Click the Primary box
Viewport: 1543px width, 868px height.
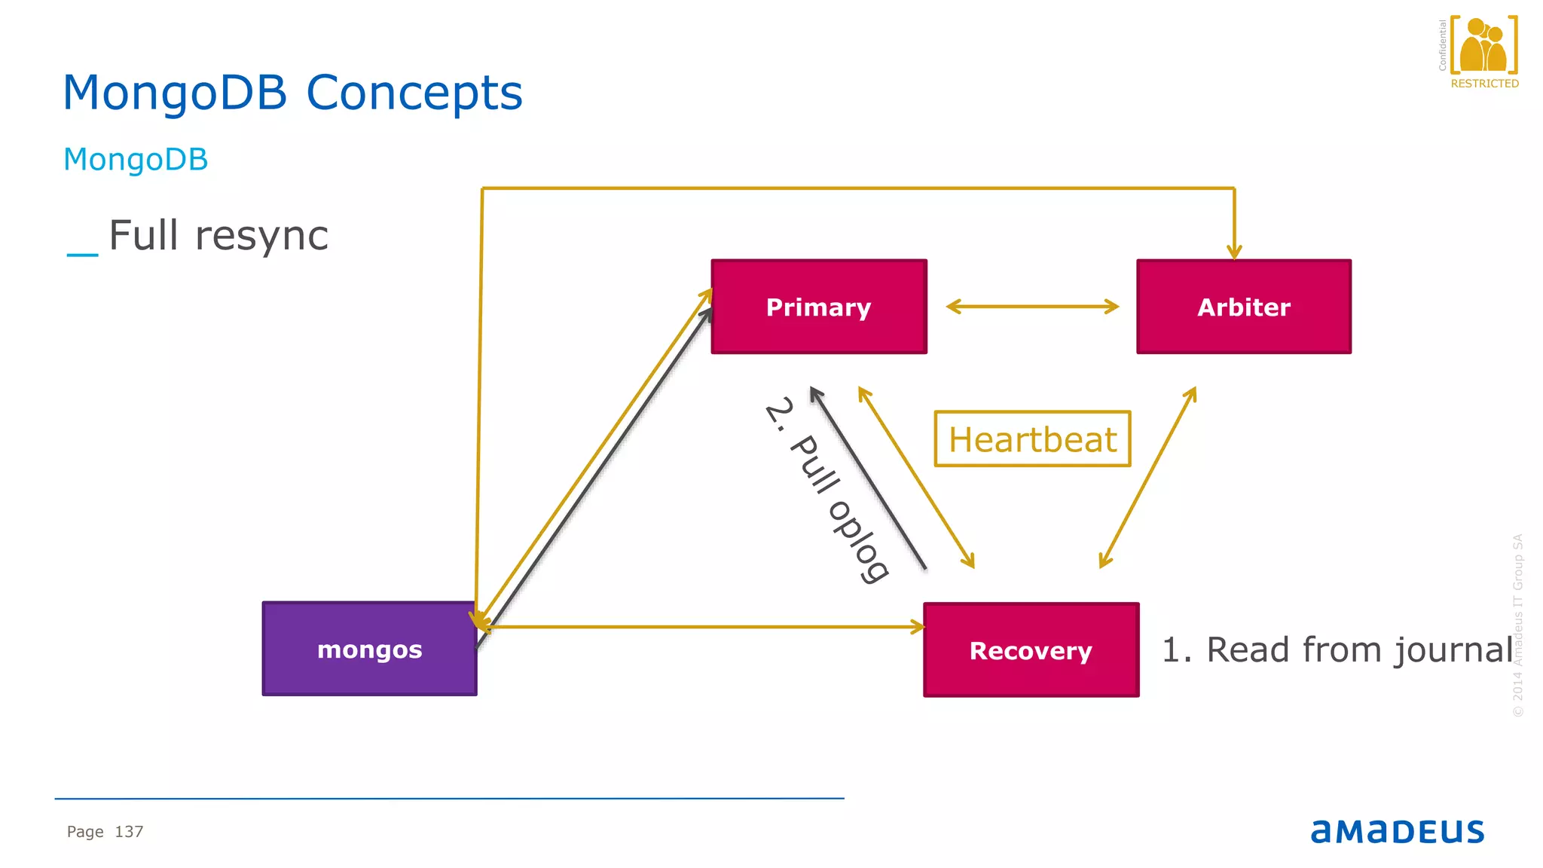[819, 307]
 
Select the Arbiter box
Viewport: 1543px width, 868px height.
[1243, 307]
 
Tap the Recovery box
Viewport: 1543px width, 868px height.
[1031, 649]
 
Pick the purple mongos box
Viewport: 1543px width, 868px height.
[369, 649]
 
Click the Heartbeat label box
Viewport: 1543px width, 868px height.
[1032, 439]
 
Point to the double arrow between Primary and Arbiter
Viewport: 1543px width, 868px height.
[1032, 306]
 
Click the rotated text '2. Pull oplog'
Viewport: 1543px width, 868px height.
[826, 490]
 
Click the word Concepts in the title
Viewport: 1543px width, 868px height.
[414, 93]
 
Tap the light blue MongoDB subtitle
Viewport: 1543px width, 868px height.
[136, 160]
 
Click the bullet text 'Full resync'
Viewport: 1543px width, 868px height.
[218, 236]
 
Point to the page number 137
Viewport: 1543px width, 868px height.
[129, 832]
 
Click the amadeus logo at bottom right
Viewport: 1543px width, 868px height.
[1397, 831]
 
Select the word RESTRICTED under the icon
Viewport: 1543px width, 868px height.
[1484, 84]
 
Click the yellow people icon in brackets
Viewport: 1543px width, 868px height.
[1483, 45]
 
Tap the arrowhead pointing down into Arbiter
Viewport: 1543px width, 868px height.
[1234, 250]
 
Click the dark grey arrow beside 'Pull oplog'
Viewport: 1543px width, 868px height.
[868, 478]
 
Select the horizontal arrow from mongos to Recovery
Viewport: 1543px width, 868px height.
[701, 627]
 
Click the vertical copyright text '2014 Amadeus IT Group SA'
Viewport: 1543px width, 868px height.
[1518, 625]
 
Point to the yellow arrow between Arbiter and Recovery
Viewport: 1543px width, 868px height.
[1147, 478]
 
